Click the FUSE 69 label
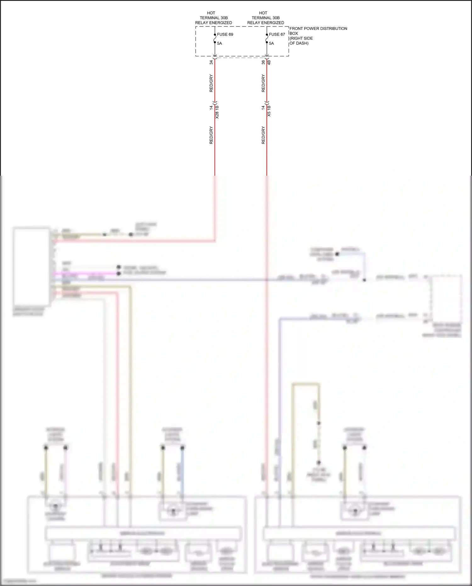225,34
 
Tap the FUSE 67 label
277,34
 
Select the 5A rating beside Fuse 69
220,43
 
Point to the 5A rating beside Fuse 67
272,43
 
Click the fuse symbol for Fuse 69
215,38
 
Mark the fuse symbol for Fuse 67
267,38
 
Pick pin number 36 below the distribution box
263,62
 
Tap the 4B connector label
269,62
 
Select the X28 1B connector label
217,112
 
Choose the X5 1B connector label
269,111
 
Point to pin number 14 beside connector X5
263,108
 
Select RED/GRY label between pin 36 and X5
263,83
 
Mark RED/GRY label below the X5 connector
263,135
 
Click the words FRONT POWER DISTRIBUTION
318,29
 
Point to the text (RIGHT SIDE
301,38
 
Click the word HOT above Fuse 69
211,13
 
